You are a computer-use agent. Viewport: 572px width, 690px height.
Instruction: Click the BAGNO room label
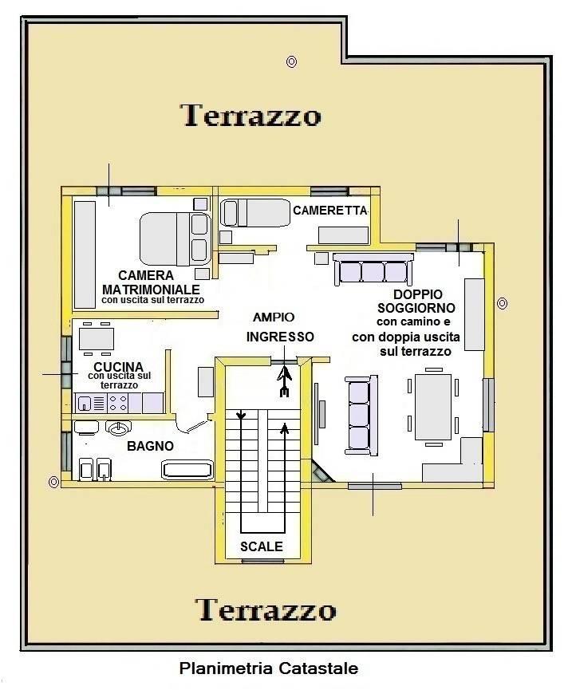[x=150, y=446]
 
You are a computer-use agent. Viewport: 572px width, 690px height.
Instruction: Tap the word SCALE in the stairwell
[x=262, y=546]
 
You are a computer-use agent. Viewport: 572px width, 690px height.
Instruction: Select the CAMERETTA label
[x=330, y=211]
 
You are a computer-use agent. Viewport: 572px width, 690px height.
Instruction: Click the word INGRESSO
[x=280, y=337]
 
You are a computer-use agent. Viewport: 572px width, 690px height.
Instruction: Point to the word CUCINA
[x=118, y=367]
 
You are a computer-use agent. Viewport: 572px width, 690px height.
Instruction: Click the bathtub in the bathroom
[x=187, y=470]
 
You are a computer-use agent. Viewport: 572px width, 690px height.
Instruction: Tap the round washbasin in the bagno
[x=118, y=428]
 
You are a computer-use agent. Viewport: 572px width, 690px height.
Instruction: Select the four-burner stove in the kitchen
[x=118, y=403]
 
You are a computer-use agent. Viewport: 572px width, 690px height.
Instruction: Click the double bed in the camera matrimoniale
[x=176, y=239]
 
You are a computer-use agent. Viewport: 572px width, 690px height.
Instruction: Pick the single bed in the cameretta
[x=255, y=213]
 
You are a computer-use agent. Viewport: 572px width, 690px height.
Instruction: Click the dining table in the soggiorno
[x=433, y=407]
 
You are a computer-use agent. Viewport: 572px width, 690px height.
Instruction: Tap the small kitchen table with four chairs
[x=97, y=338]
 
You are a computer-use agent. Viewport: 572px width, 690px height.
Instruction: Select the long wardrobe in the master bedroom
[x=85, y=254]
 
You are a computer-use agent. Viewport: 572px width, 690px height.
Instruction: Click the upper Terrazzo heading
[x=251, y=116]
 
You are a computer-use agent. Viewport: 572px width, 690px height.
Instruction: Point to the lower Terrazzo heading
[x=266, y=610]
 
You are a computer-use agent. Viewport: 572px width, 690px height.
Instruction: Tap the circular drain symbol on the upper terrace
[x=291, y=61]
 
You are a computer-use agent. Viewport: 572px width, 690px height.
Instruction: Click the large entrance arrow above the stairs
[x=285, y=381]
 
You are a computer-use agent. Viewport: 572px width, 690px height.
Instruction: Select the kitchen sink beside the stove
[x=84, y=403]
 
